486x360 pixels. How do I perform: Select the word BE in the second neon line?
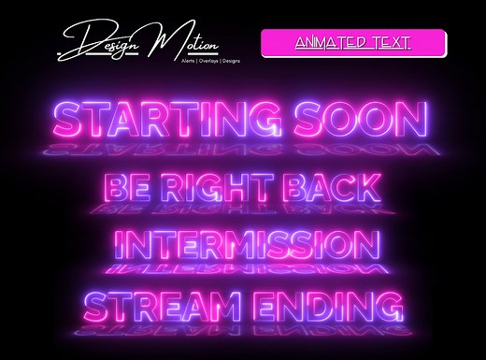click(x=129, y=187)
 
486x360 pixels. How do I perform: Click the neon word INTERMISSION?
click(x=247, y=246)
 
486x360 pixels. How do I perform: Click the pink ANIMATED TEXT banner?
click(x=352, y=43)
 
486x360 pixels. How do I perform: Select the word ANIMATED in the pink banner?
click(x=332, y=43)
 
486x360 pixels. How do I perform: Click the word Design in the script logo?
click(x=98, y=41)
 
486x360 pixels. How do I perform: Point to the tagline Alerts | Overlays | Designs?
click(x=197, y=59)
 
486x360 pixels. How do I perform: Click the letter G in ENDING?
click(x=390, y=307)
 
